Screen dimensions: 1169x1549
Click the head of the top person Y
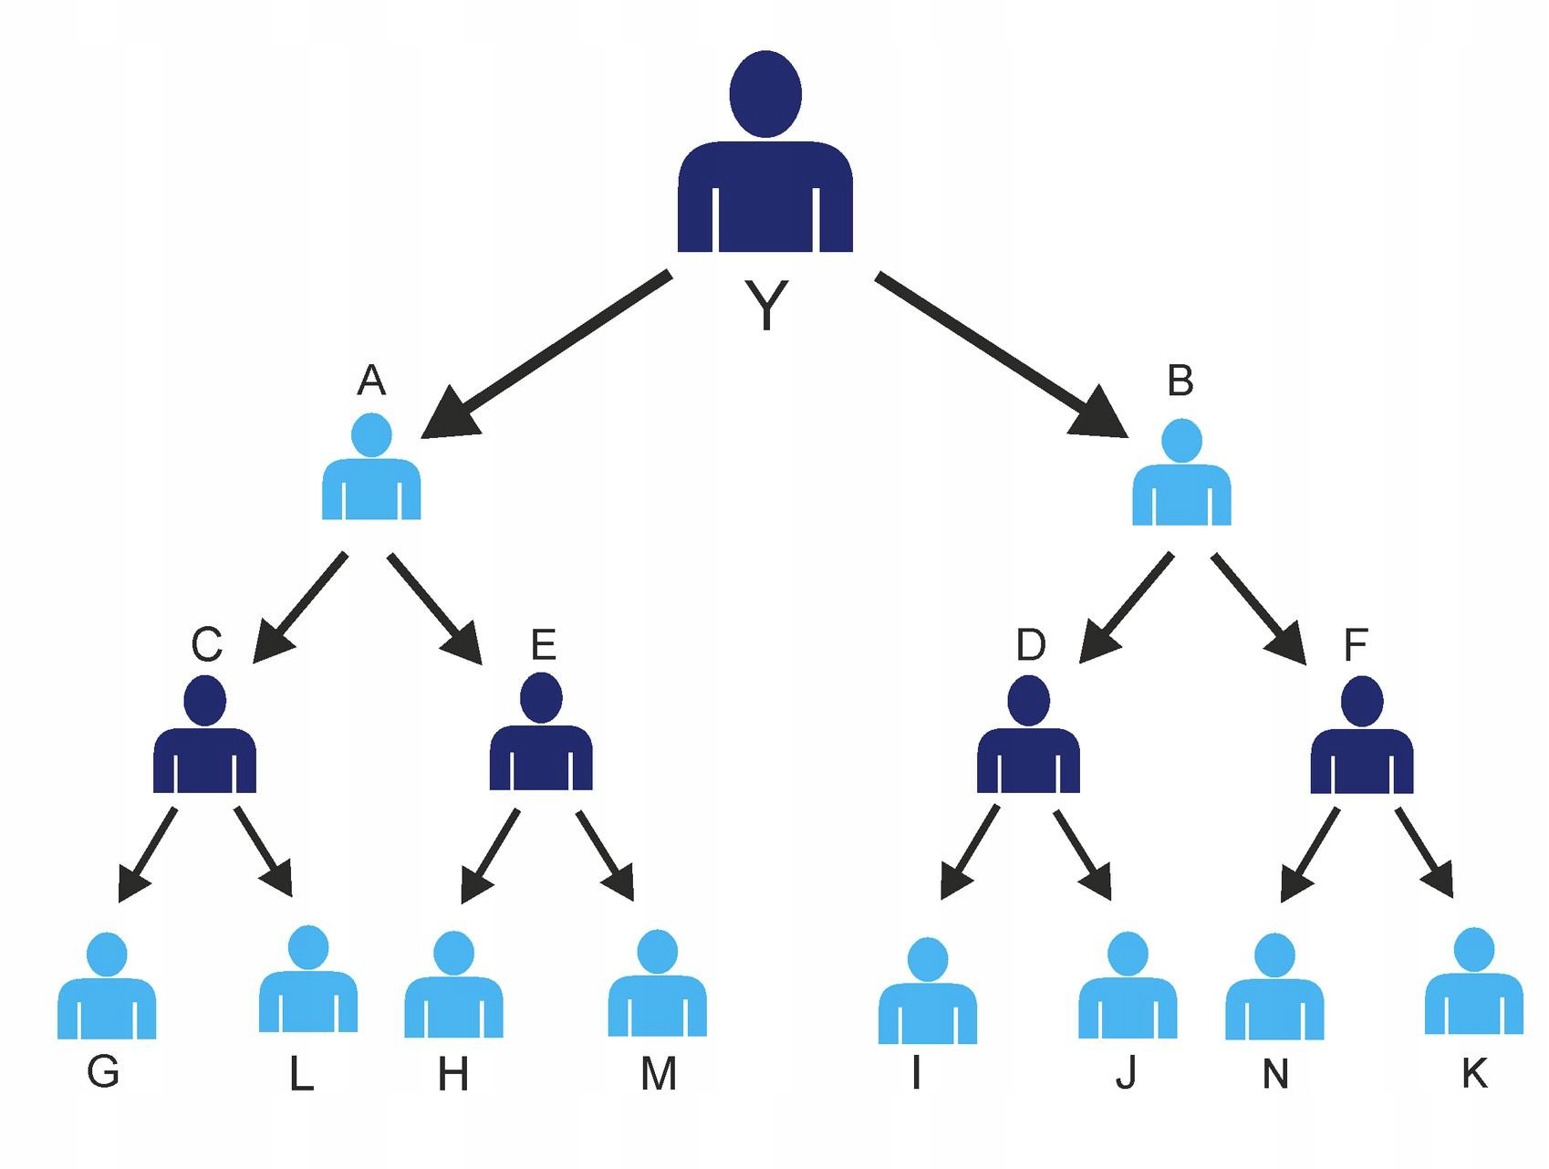coord(765,94)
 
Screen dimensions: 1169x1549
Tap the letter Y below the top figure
coord(766,305)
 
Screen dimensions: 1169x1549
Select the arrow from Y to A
coord(546,354)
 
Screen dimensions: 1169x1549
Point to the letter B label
coord(1180,381)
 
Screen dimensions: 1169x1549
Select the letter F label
coord(1356,645)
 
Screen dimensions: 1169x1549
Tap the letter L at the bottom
coord(301,1075)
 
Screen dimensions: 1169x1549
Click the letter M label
coord(659,1074)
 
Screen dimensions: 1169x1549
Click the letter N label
coord(1275,1075)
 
